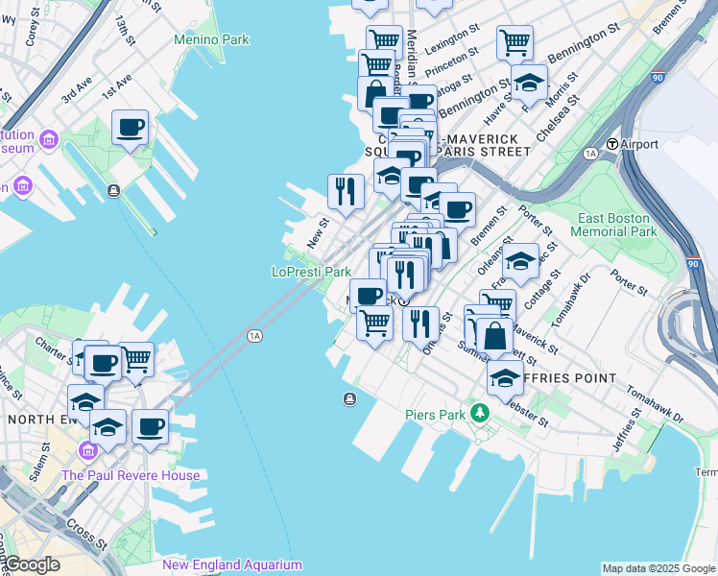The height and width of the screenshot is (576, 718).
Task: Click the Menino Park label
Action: [211, 39]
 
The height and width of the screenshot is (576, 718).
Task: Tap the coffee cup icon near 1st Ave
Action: [131, 127]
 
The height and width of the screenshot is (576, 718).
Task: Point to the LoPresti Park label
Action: [311, 272]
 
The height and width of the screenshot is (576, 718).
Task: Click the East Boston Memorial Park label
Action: [613, 225]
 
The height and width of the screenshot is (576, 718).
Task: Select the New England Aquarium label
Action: [232, 565]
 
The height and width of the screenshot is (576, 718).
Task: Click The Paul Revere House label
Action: [131, 475]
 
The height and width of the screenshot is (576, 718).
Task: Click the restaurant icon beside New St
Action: [346, 191]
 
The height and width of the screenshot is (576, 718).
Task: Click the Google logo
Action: [31, 564]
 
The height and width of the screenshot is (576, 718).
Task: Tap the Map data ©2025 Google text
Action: [659, 568]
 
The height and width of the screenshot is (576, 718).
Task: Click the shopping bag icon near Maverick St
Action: [495, 337]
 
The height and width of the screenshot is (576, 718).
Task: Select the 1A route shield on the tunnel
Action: [254, 335]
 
